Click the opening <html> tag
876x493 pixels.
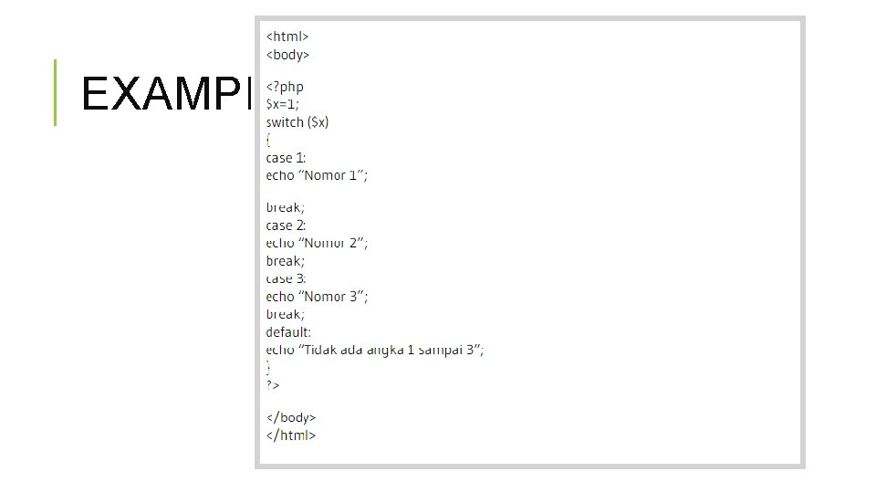[287, 37]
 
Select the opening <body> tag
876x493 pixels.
[288, 55]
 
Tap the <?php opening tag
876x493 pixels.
[285, 88]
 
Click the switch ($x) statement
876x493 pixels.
[297, 122]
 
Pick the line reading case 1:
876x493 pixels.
[280, 158]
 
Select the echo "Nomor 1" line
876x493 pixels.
[317, 175]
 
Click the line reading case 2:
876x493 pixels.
[287, 226]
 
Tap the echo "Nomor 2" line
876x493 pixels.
[317, 243]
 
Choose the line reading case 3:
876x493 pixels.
[287, 279]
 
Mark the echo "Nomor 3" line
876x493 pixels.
[317, 297]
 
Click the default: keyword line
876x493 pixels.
[288, 332]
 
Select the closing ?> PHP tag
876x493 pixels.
[273, 385]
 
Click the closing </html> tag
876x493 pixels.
[290, 435]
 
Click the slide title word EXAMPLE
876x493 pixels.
[164, 92]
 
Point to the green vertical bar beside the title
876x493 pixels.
[55, 92]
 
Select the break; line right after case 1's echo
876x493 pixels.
[286, 207]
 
